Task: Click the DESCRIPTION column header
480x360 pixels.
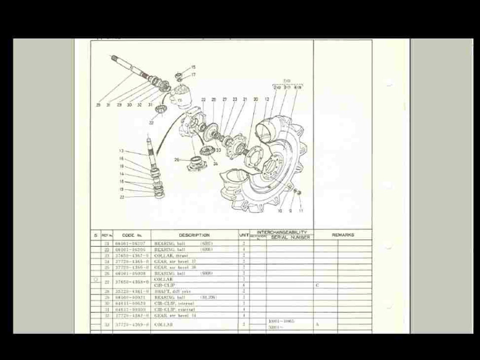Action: [194, 235]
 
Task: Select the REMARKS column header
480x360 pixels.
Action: [343, 235]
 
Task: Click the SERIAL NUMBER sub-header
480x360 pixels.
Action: [290, 238]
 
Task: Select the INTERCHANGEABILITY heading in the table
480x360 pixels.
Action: [282, 232]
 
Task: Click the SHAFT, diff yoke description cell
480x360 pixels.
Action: [172, 291]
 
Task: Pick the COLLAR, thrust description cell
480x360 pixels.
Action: [171, 256]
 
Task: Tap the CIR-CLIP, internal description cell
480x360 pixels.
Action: [174, 303]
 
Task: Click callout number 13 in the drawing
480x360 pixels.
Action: [121, 151]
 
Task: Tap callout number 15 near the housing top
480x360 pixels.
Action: [193, 67]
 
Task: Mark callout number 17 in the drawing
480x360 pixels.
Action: [193, 75]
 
